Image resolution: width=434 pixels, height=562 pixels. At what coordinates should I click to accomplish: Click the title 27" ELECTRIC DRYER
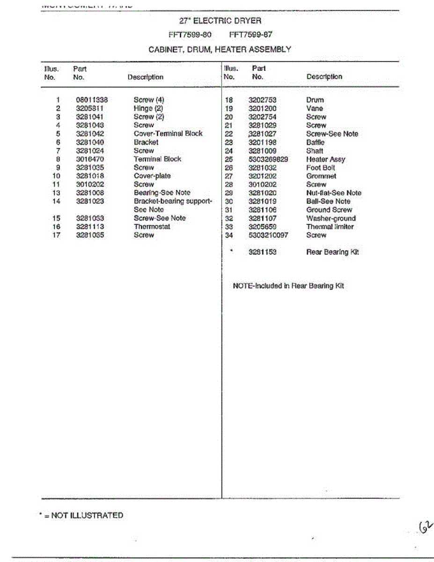[220, 21]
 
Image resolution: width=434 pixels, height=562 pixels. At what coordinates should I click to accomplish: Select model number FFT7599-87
[251, 35]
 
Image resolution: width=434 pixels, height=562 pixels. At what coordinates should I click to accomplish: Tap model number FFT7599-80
[190, 35]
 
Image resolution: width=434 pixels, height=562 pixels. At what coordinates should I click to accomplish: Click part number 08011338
[92, 100]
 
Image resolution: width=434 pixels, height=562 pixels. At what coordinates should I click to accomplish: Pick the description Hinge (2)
[148, 108]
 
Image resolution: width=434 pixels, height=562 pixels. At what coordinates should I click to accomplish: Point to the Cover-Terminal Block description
[168, 133]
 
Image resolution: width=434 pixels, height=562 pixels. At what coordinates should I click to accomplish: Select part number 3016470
[90, 159]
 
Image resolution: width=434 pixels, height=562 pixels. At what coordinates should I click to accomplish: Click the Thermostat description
[152, 227]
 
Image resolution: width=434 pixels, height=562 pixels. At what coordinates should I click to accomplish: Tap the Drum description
[315, 100]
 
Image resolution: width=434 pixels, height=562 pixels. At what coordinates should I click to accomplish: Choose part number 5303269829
[268, 159]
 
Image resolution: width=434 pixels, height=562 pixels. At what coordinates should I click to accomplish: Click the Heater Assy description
[325, 159]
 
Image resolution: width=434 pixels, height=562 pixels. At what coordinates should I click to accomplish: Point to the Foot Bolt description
[321, 168]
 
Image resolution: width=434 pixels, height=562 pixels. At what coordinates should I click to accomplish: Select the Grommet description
[321, 176]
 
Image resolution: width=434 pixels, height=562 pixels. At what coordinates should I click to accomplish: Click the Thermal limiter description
[330, 227]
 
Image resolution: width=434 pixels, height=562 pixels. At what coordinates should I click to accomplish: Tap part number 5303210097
[268, 235]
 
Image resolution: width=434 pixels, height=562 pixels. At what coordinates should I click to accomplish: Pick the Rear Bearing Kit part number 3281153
[262, 252]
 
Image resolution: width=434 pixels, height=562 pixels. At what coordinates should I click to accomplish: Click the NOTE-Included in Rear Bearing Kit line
[288, 286]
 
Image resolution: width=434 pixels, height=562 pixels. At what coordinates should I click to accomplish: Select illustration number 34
[229, 235]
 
